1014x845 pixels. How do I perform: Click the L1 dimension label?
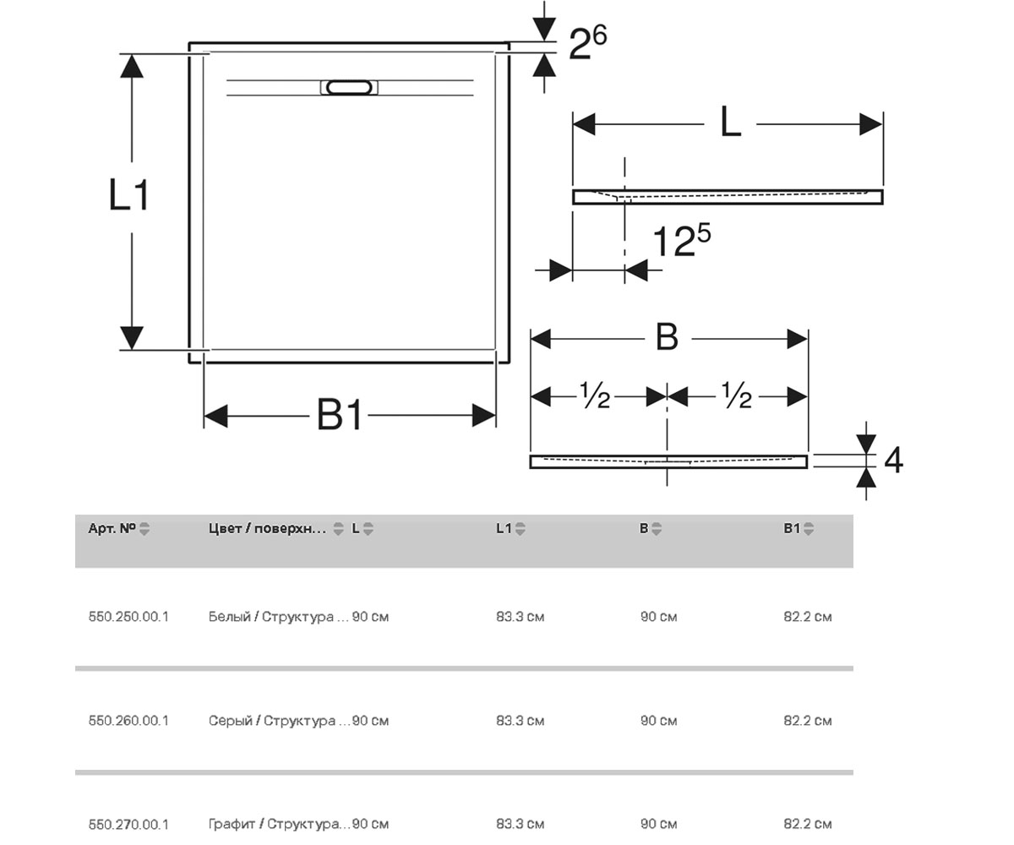coord(128,194)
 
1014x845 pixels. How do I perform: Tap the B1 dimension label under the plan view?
coord(340,415)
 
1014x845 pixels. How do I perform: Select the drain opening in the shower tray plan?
coord(349,87)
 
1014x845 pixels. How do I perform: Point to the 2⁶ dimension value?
coord(587,43)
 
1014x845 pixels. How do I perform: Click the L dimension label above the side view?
coord(731,123)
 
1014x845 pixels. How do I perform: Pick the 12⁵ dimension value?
coord(681,240)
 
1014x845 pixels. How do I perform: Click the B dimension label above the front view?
coord(668,337)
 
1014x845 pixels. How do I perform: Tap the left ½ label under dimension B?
coord(596,395)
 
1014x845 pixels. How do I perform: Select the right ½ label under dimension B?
coord(737,395)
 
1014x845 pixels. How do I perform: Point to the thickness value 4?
coord(893,461)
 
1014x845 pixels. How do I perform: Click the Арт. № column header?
coord(112,528)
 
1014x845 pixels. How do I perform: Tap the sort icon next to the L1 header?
coord(521,529)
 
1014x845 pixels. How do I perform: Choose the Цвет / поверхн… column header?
coord(267,528)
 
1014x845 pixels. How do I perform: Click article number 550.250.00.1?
coord(128,617)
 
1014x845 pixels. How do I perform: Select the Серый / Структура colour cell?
coord(279,721)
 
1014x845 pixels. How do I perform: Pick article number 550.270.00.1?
coord(128,824)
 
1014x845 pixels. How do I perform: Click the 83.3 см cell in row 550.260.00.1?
coord(521,721)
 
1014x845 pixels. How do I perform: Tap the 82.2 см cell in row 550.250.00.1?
coord(808,617)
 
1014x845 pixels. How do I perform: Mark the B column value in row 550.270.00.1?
coord(658,824)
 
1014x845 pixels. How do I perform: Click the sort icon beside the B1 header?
coord(809,529)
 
